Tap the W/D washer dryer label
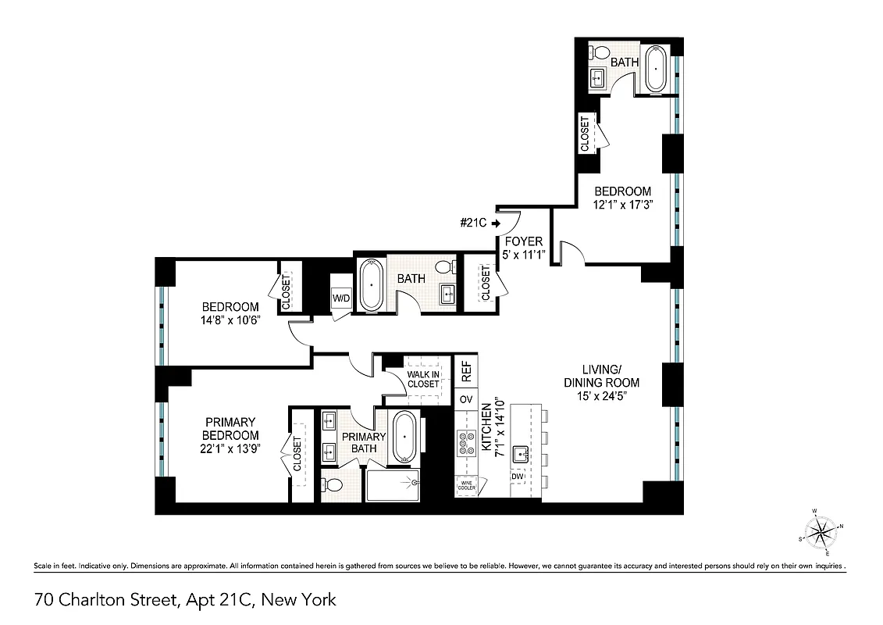(341, 298)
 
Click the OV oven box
(466, 399)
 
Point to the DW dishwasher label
(518, 477)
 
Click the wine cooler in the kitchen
(466, 485)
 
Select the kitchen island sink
(522, 453)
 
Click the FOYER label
(524, 241)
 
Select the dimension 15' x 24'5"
(602, 397)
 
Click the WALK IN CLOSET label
(423, 379)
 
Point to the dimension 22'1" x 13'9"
(230, 449)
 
